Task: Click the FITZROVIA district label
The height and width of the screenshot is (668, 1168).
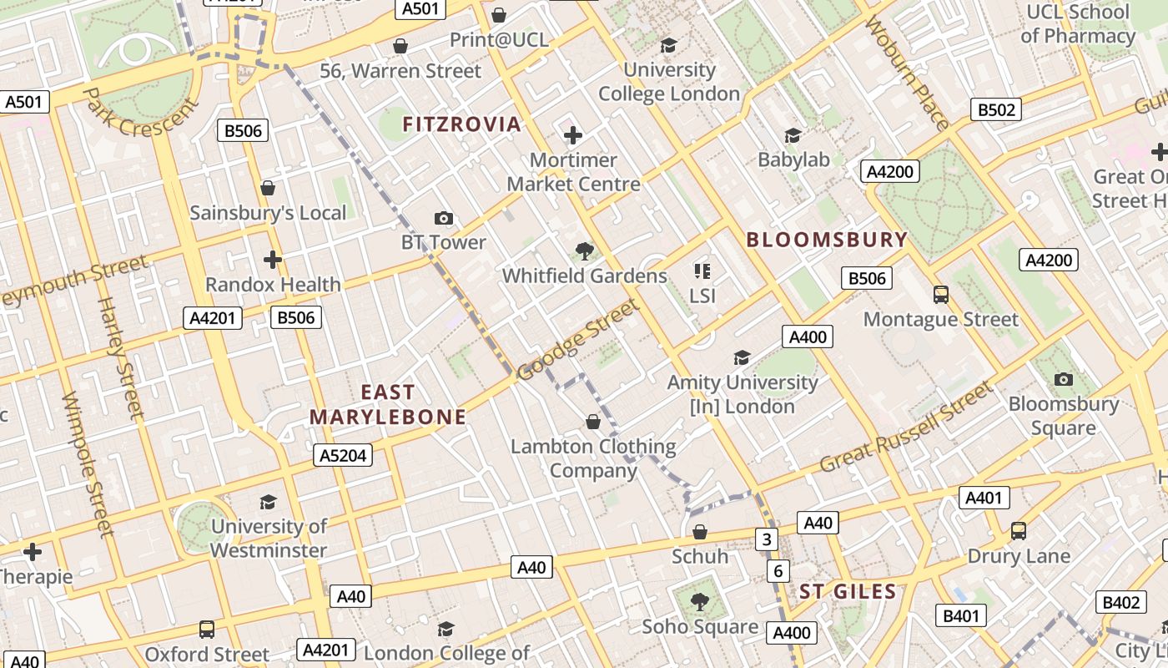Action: tap(461, 125)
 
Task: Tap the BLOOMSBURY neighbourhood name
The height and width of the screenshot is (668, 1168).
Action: tap(826, 240)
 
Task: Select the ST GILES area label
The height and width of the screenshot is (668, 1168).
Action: tap(848, 592)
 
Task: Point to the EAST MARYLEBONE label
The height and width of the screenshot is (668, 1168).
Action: tap(388, 405)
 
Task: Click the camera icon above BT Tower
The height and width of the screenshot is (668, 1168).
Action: tap(444, 219)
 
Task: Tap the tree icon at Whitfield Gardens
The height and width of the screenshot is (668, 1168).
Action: tap(585, 250)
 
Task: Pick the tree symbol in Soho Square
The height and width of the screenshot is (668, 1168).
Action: tap(700, 602)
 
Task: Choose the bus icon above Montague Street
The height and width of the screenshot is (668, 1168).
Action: tap(941, 295)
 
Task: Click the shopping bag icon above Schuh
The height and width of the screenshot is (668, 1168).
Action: tap(700, 532)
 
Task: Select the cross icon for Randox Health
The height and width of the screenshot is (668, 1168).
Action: tap(273, 260)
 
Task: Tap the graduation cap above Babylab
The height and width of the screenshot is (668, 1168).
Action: tap(793, 135)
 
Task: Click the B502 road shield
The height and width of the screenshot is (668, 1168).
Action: tap(997, 109)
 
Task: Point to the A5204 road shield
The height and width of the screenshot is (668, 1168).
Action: tap(342, 455)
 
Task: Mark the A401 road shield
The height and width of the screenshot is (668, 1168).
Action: tap(984, 498)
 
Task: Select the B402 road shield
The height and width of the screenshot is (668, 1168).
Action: tap(1120, 602)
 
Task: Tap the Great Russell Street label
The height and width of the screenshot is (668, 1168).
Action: tap(907, 428)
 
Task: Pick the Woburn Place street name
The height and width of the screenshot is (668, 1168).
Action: tap(907, 73)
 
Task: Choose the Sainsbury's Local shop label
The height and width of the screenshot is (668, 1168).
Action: tap(268, 213)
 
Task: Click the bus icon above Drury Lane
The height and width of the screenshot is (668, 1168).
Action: tap(1018, 531)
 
